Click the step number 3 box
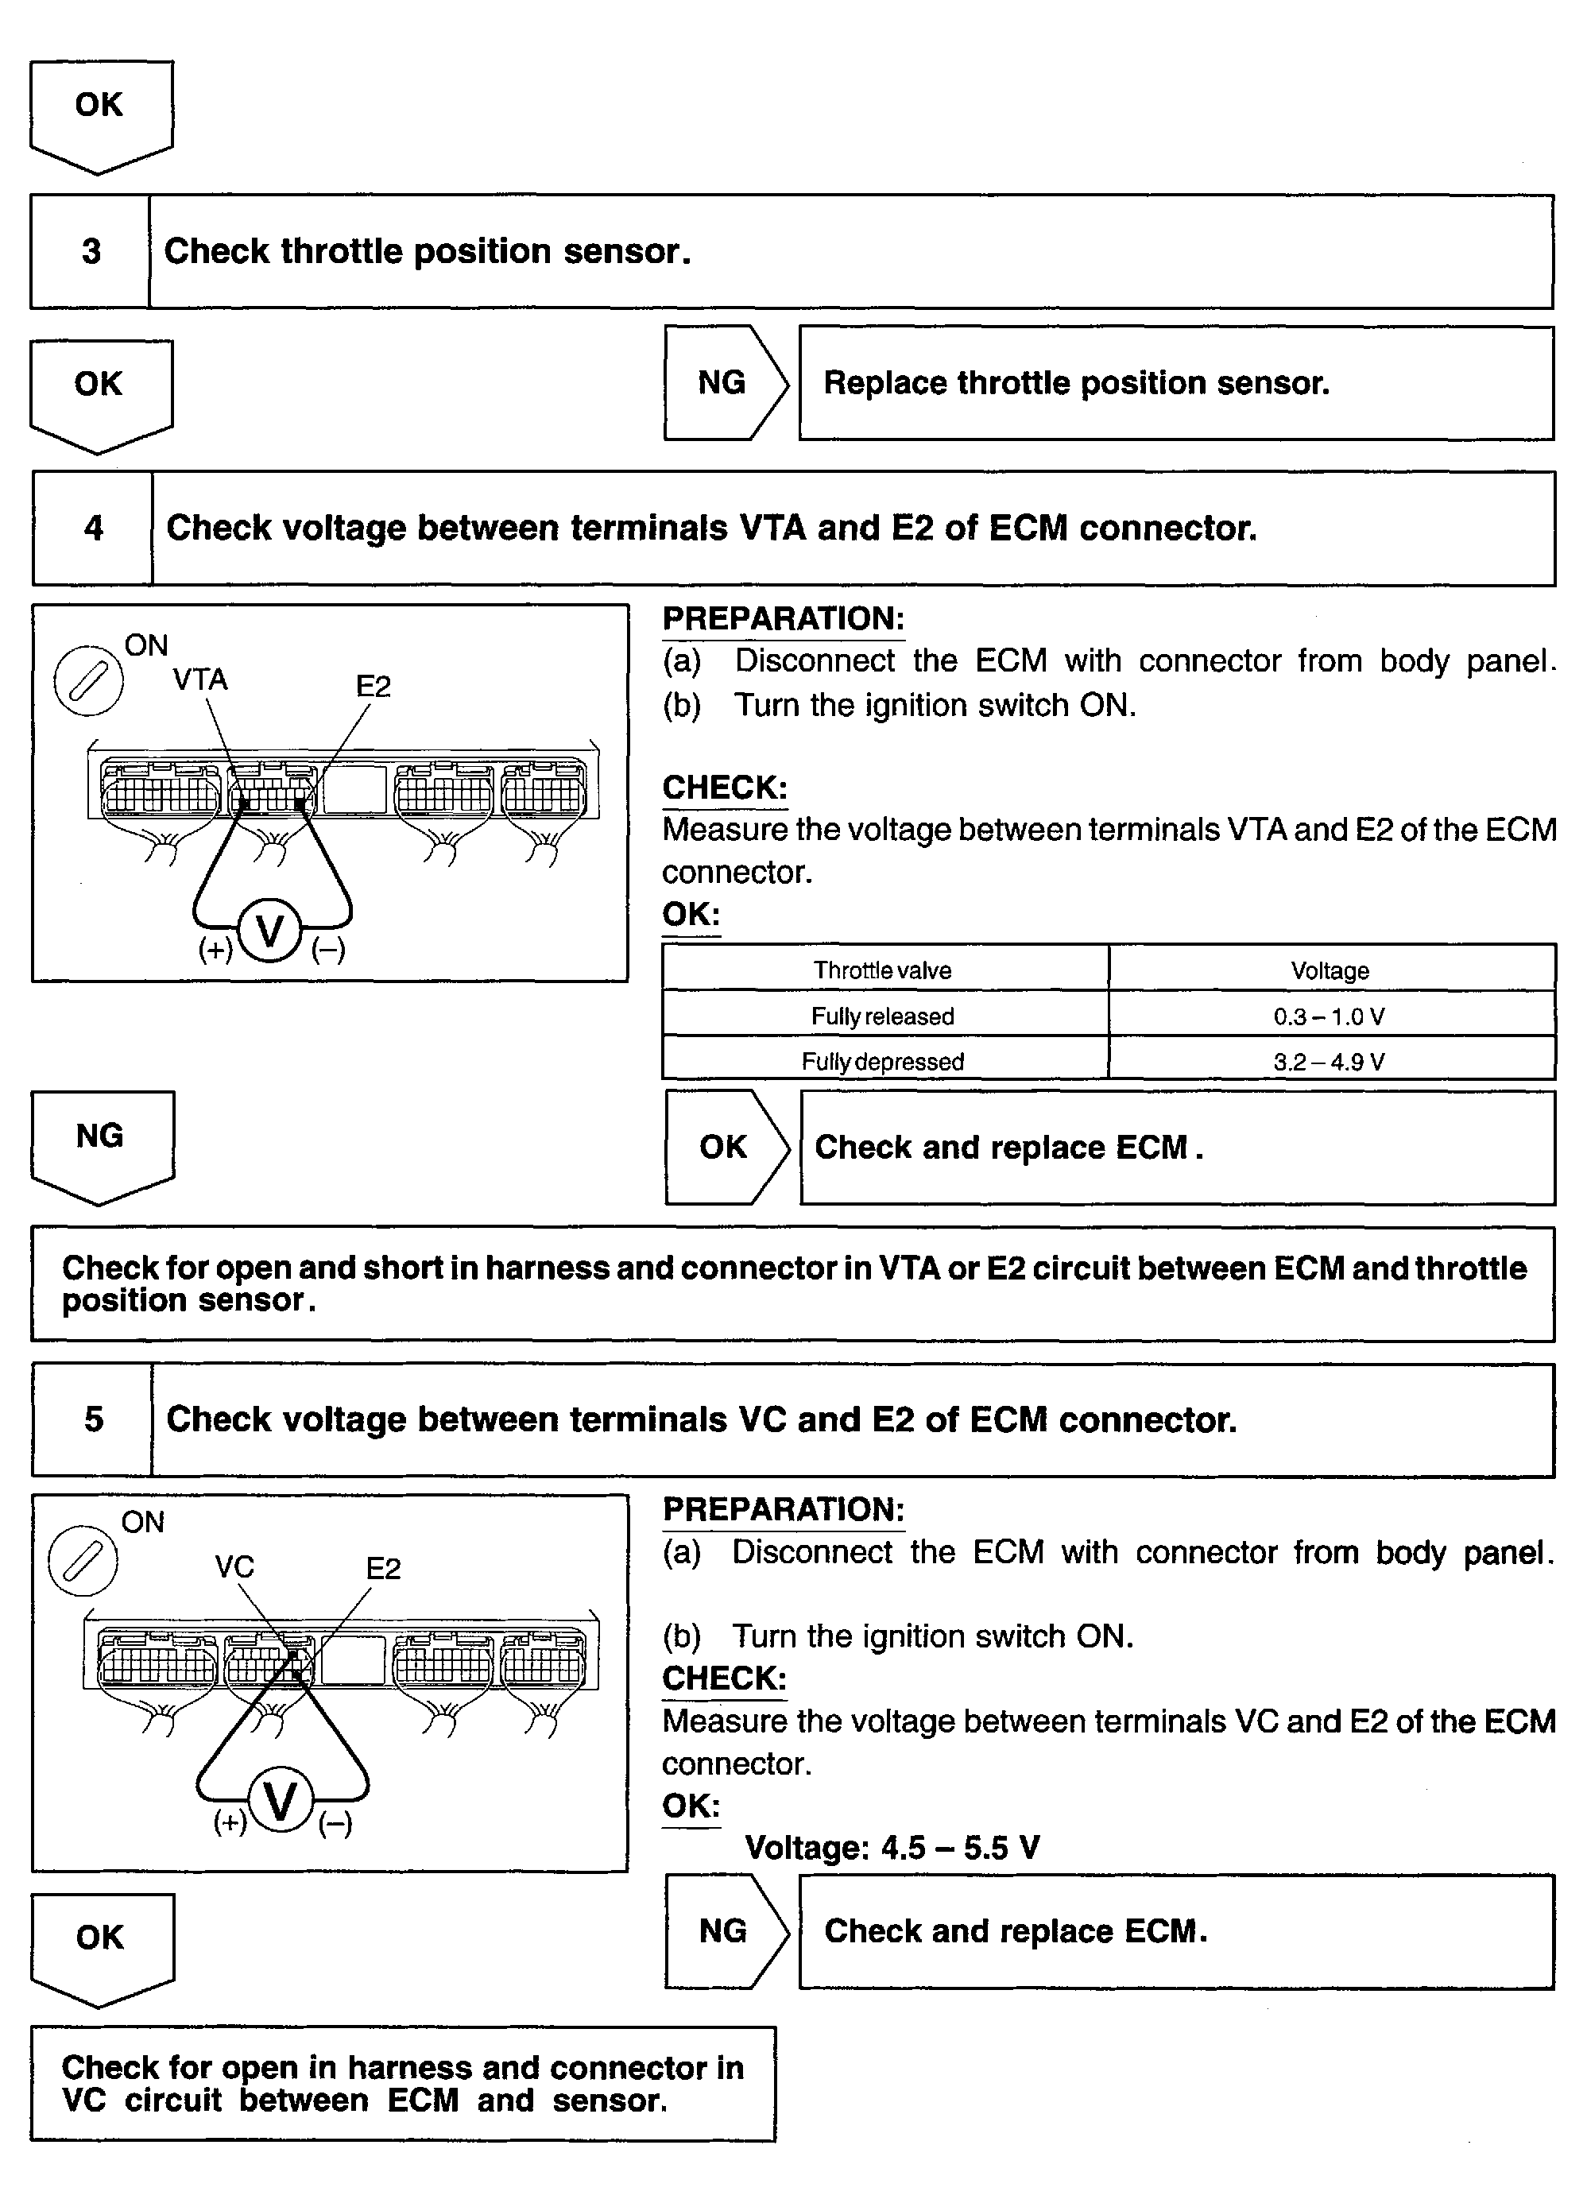point(91,252)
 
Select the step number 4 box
point(93,528)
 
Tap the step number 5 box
point(93,1419)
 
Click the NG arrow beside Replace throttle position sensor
point(724,383)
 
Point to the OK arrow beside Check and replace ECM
point(725,1147)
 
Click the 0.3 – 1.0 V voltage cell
point(1330,1016)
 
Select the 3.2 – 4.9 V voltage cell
point(1330,1062)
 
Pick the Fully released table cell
point(883,1016)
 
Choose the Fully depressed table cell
point(883,1062)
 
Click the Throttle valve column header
point(883,970)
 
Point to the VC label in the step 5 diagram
point(234,1566)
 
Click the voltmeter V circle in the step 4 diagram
point(269,931)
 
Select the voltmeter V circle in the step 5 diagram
point(281,1802)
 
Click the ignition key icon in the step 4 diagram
point(87,681)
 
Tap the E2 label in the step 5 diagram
point(384,1569)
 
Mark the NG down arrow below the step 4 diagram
point(101,1144)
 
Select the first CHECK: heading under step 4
point(725,788)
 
